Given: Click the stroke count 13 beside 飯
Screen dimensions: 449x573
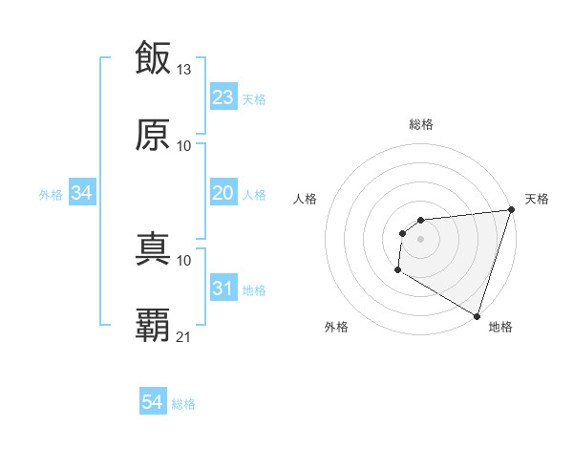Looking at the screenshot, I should (x=184, y=69).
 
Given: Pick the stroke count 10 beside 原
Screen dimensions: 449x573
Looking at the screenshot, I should (x=184, y=145).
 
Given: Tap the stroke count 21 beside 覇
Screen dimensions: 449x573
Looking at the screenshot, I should (x=184, y=336).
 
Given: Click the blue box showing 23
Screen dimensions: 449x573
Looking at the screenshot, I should (x=223, y=97).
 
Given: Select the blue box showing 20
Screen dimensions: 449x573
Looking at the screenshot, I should (x=223, y=193).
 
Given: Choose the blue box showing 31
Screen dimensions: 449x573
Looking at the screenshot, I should (x=223, y=289).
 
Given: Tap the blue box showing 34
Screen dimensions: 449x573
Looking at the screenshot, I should (x=82, y=193).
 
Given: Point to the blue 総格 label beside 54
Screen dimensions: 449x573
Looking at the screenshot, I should (x=183, y=404).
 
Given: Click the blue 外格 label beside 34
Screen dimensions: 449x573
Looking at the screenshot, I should (x=51, y=195).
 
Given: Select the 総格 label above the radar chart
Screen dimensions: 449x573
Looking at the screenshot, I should (x=421, y=124).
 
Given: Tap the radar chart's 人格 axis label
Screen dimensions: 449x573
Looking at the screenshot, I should (x=306, y=200).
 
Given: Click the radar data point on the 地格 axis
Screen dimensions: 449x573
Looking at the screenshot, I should (x=476, y=314).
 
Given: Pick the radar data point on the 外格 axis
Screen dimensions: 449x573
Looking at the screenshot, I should (x=397, y=271).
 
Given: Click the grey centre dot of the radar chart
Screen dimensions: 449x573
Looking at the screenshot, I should (x=420, y=239).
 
